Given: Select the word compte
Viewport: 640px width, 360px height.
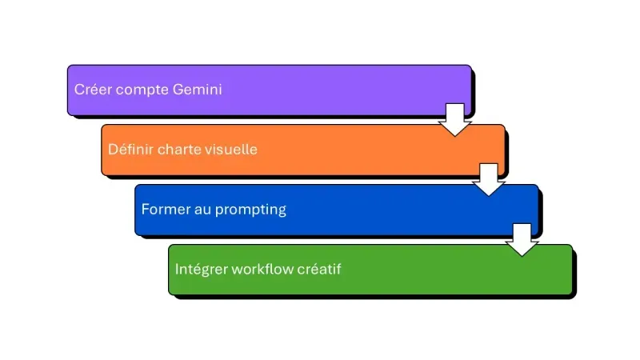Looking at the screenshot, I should pyautogui.click(x=142, y=90).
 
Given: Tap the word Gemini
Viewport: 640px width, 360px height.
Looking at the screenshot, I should pyautogui.click(x=198, y=90).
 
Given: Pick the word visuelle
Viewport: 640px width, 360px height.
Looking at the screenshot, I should pyautogui.click(x=231, y=150).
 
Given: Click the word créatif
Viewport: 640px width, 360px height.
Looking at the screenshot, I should pyautogui.click(x=318, y=270).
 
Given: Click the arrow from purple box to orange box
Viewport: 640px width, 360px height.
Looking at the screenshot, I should pyautogui.click(x=454, y=119).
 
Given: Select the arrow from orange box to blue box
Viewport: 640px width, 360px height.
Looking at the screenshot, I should pyautogui.click(x=488, y=179).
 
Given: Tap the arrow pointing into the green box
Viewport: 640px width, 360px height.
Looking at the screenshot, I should pyautogui.click(x=522, y=239).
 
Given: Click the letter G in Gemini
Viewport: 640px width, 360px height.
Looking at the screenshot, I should pyautogui.click(x=178, y=90).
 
